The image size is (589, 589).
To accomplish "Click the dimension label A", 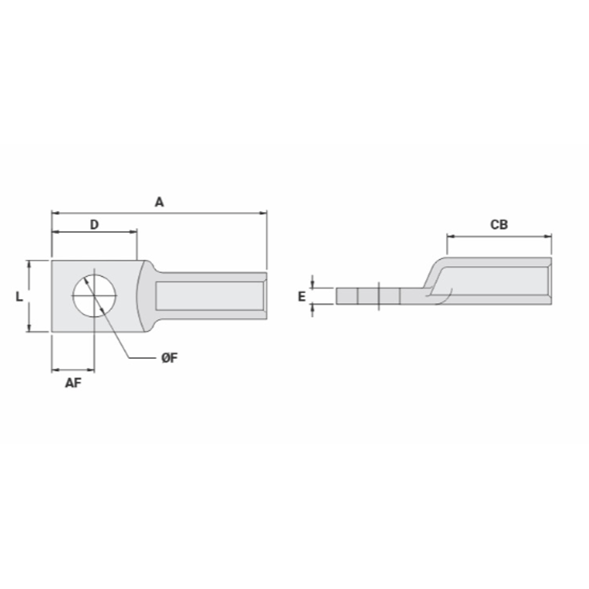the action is [159, 202].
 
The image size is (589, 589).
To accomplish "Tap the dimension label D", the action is [94, 224].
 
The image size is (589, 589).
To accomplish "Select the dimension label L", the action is [19, 297].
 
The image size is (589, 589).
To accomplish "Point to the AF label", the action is [73, 383].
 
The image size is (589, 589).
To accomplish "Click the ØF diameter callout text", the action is [170, 358].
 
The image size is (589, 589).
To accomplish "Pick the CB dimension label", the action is [499, 224].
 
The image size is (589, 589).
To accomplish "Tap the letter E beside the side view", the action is [302, 297].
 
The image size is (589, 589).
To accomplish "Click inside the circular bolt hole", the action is [95, 296].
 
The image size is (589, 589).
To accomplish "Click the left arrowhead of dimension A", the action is [55, 213].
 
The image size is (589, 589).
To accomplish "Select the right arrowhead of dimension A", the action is [263, 213].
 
